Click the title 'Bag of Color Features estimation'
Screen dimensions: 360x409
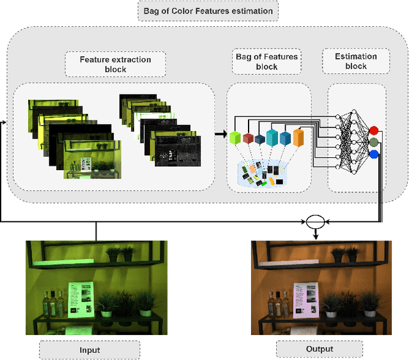pyautogui.click(x=208, y=11)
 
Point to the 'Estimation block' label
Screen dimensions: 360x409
pyautogui.click(x=356, y=61)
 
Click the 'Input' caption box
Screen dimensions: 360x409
pyautogui.click(x=89, y=350)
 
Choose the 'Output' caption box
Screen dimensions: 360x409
pyautogui.click(x=319, y=349)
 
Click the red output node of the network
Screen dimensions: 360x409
pyautogui.click(x=374, y=130)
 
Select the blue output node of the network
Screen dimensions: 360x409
pyautogui.click(x=374, y=154)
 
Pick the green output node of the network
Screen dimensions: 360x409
pyautogui.click(x=374, y=142)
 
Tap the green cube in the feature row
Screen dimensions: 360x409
pyautogui.click(x=234, y=137)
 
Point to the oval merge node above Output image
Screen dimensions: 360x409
pyautogui.click(x=315, y=221)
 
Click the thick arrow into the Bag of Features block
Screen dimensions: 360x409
pyautogui.click(x=220, y=134)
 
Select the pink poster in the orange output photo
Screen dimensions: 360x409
pyautogui.click(x=305, y=299)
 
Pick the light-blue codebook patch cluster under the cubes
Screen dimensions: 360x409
pyautogui.click(x=261, y=175)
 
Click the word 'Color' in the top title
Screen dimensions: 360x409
pyautogui.click(x=196, y=11)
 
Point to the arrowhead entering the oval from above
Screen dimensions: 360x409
pyautogui.click(x=316, y=237)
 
